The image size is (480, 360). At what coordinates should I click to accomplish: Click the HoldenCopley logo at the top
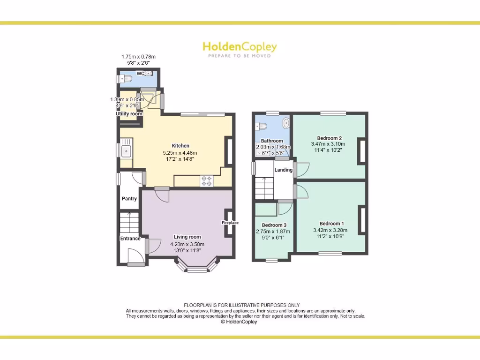[x=240, y=47]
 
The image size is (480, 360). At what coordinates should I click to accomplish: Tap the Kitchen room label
[x=180, y=146]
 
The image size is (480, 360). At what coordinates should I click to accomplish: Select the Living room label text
[x=187, y=237]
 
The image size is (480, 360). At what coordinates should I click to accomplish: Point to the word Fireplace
[x=230, y=223]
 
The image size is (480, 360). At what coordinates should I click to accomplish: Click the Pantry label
[x=129, y=199]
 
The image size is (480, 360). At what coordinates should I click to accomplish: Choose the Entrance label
[x=130, y=239]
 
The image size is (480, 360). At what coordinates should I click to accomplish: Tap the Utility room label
[x=129, y=114]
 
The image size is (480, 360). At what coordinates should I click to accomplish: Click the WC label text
[x=140, y=74]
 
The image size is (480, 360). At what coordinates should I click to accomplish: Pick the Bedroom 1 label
[x=331, y=224]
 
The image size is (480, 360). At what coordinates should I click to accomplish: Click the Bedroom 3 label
[x=274, y=225]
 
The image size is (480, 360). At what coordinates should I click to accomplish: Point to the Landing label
[x=284, y=170]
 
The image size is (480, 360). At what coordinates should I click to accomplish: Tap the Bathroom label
[x=272, y=141]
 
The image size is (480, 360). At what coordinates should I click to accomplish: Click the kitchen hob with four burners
[x=207, y=181]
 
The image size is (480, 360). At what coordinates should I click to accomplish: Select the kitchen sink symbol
[x=126, y=151]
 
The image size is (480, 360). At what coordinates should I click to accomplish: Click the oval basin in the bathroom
[x=286, y=123]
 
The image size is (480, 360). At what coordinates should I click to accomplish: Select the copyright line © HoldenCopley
[x=239, y=322]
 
